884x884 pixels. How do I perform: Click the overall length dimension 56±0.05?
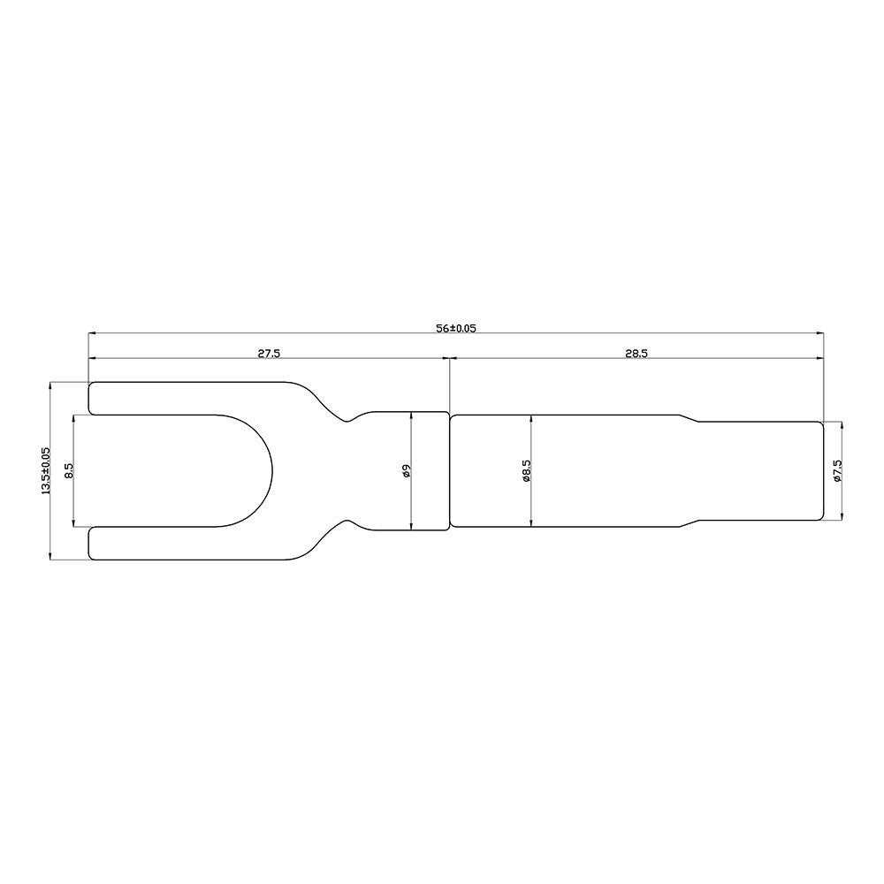pyautogui.click(x=455, y=328)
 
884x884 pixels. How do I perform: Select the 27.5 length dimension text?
pyautogui.click(x=269, y=354)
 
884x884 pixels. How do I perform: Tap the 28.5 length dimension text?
pyautogui.click(x=636, y=354)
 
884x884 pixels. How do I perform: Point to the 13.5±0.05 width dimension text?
pyautogui.click(x=46, y=471)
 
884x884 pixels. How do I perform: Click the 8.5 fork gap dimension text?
pyautogui.click(x=69, y=471)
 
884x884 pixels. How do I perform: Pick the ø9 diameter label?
pyautogui.click(x=407, y=471)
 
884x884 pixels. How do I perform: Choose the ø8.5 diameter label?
pyautogui.click(x=526, y=471)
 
